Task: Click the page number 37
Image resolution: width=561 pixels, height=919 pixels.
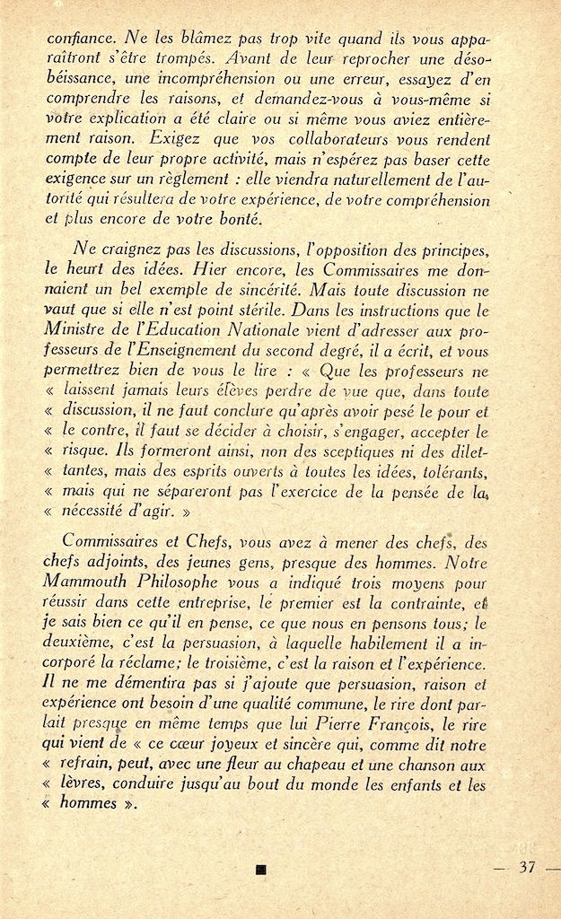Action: (x=527, y=868)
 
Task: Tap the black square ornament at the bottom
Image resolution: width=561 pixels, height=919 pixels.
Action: (x=260, y=868)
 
